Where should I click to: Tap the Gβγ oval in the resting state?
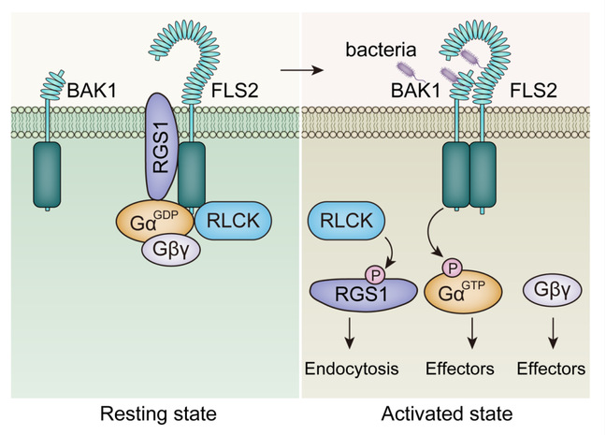click(x=170, y=252)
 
